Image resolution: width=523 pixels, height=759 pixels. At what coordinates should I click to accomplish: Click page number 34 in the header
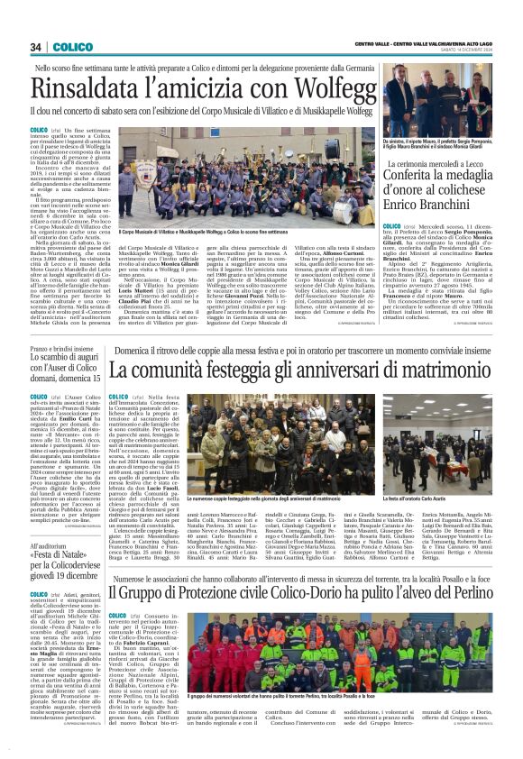[x=36, y=47]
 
